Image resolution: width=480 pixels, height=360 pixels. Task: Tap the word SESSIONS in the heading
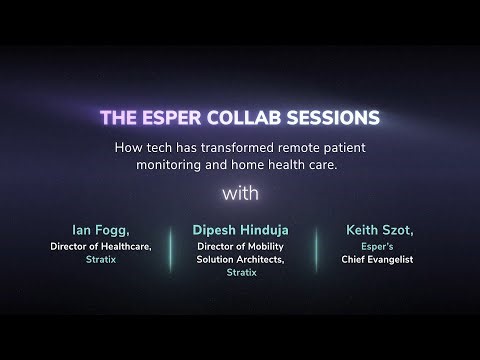pos(330,118)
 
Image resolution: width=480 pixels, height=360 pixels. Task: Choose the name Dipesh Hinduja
pos(240,229)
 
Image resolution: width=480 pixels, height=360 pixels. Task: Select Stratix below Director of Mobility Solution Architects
pos(240,271)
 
